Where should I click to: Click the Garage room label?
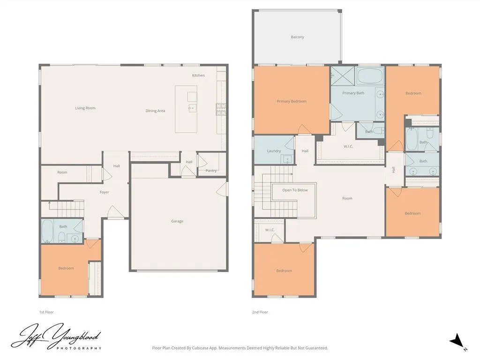(177, 221)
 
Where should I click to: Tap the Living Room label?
(85, 108)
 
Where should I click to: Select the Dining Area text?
(155, 111)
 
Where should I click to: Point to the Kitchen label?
(198, 75)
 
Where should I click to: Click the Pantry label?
(211, 171)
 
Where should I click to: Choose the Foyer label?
(104, 192)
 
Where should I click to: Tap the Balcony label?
(297, 37)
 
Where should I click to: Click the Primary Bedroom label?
(292, 101)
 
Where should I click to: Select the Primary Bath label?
(353, 93)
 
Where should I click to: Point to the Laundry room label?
(274, 151)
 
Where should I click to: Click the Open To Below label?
(295, 190)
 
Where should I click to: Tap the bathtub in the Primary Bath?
(370, 76)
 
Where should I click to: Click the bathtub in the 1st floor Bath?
(47, 230)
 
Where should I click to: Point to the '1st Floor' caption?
(46, 312)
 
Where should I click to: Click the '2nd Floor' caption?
(260, 312)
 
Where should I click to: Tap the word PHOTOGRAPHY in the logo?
(79, 348)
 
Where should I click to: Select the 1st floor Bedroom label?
(66, 268)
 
